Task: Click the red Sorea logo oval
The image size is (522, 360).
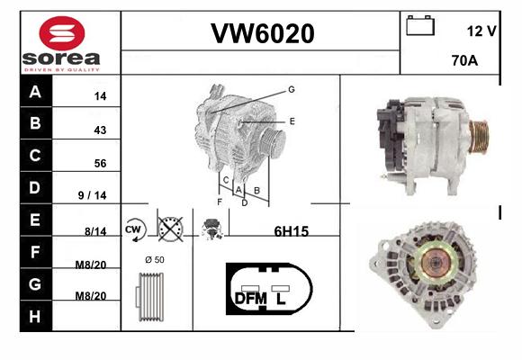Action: click(x=62, y=33)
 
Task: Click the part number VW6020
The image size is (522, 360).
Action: click(x=263, y=33)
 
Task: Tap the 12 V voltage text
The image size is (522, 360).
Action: click(x=481, y=31)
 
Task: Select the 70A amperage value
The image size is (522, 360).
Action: click(x=464, y=60)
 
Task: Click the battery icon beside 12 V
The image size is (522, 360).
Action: click(x=420, y=25)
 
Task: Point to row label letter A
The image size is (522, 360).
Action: click(x=35, y=91)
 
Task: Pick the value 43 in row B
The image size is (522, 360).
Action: click(x=100, y=130)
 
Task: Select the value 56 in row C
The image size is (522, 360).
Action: click(x=100, y=163)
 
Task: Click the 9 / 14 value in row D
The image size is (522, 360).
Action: click(x=92, y=195)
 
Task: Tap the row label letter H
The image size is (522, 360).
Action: click(x=34, y=316)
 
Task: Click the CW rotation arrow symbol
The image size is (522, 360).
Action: click(x=135, y=229)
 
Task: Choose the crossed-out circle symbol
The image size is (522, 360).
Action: click(x=170, y=229)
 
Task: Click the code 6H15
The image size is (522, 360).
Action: click(x=292, y=231)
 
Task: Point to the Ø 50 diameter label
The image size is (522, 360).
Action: click(x=155, y=260)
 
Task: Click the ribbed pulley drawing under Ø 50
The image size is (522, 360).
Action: click(x=149, y=297)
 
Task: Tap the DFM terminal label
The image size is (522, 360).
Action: click(x=251, y=299)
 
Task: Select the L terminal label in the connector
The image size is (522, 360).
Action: click(x=281, y=299)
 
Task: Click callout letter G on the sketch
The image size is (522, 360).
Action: click(x=292, y=89)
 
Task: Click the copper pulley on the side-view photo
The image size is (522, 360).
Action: click(x=479, y=137)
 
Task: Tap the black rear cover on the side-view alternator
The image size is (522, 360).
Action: click(x=390, y=137)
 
